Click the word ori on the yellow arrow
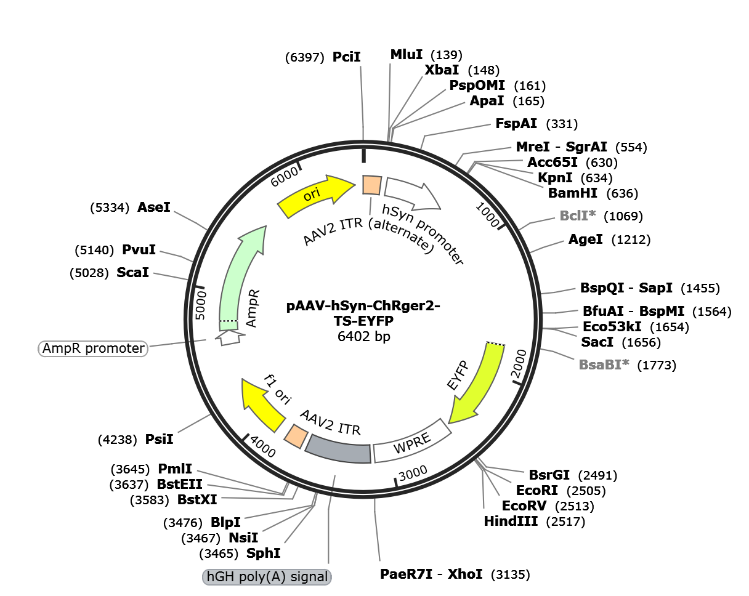(312, 195)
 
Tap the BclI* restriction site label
(577, 215)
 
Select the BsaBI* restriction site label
(604, 364)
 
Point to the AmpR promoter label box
(94, 348)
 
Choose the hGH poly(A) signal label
(267, 577)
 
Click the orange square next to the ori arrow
(371, 185)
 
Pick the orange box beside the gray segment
(296, 436)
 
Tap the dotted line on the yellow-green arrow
(495, 344)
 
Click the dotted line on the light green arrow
(229, 321)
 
